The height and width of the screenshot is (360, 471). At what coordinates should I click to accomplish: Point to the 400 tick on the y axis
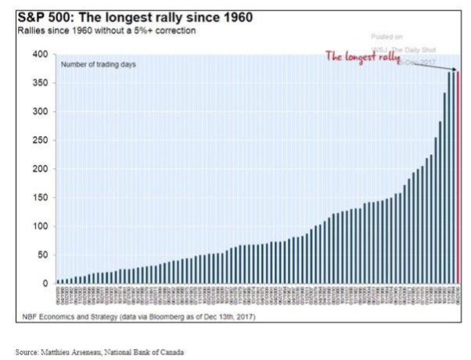tap(40, 55)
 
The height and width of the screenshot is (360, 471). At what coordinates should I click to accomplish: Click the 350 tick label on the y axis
tap(40, 83)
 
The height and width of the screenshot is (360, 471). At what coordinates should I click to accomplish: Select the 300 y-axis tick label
tap(40, 112)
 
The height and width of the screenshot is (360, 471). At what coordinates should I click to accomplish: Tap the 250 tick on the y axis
tap(40, 141)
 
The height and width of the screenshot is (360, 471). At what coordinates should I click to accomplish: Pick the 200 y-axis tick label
tap(40, 169)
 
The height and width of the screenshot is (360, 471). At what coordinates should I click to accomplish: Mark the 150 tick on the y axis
tap(40, 198)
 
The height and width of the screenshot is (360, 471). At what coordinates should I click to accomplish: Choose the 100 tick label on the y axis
tap(40, 226)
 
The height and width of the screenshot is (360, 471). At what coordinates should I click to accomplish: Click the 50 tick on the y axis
tap(42, 255)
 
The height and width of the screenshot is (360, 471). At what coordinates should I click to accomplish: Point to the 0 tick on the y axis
tap(45, 283)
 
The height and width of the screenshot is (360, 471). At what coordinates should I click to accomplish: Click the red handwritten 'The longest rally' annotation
tap(362, 57)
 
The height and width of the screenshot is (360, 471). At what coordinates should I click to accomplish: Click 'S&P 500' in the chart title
tap(45, 17)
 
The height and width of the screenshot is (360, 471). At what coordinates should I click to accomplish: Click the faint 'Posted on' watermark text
tap(388, 37)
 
